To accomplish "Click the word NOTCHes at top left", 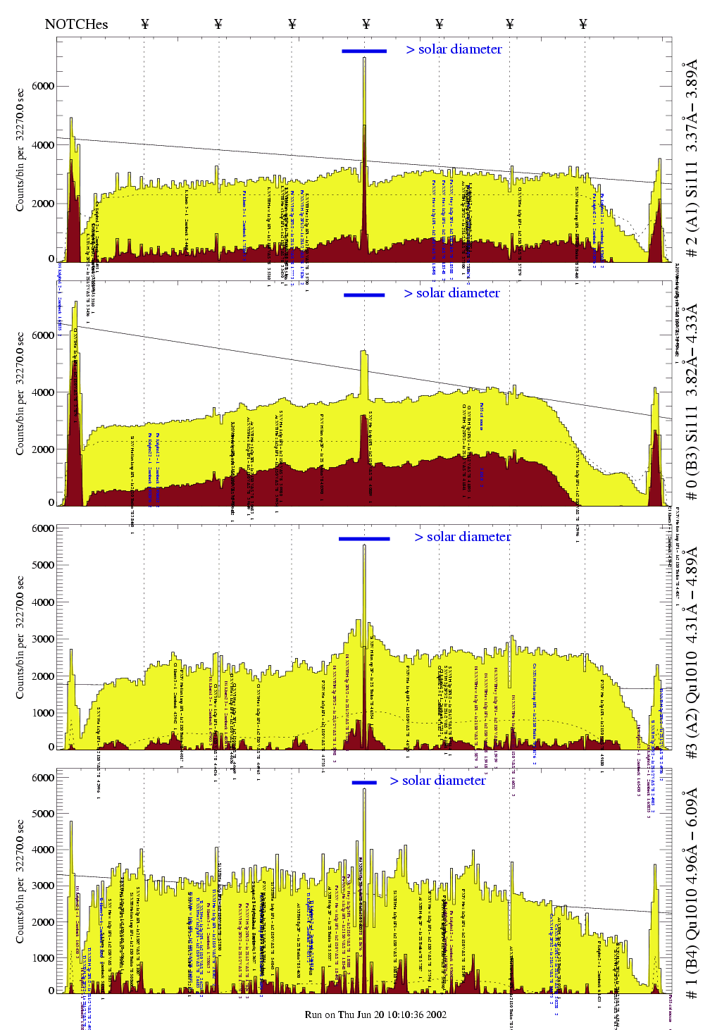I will [x=76, y=24].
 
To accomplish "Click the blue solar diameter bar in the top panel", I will [x=364, y=51].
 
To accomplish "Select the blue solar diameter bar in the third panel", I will [x=364, y=539].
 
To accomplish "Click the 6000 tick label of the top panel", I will [x=43, y=86].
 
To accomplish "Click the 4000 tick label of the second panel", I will [x=43, y=392].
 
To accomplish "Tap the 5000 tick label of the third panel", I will [x=43, y=565].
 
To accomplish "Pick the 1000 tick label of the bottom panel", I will [x=43, y=958].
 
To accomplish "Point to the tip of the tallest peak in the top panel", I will [x=364, y=58].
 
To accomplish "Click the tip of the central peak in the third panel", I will [x=364, y=545].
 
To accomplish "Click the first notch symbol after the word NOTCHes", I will [x=145, y=24].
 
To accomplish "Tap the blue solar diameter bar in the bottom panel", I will [x=364, y=782].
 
